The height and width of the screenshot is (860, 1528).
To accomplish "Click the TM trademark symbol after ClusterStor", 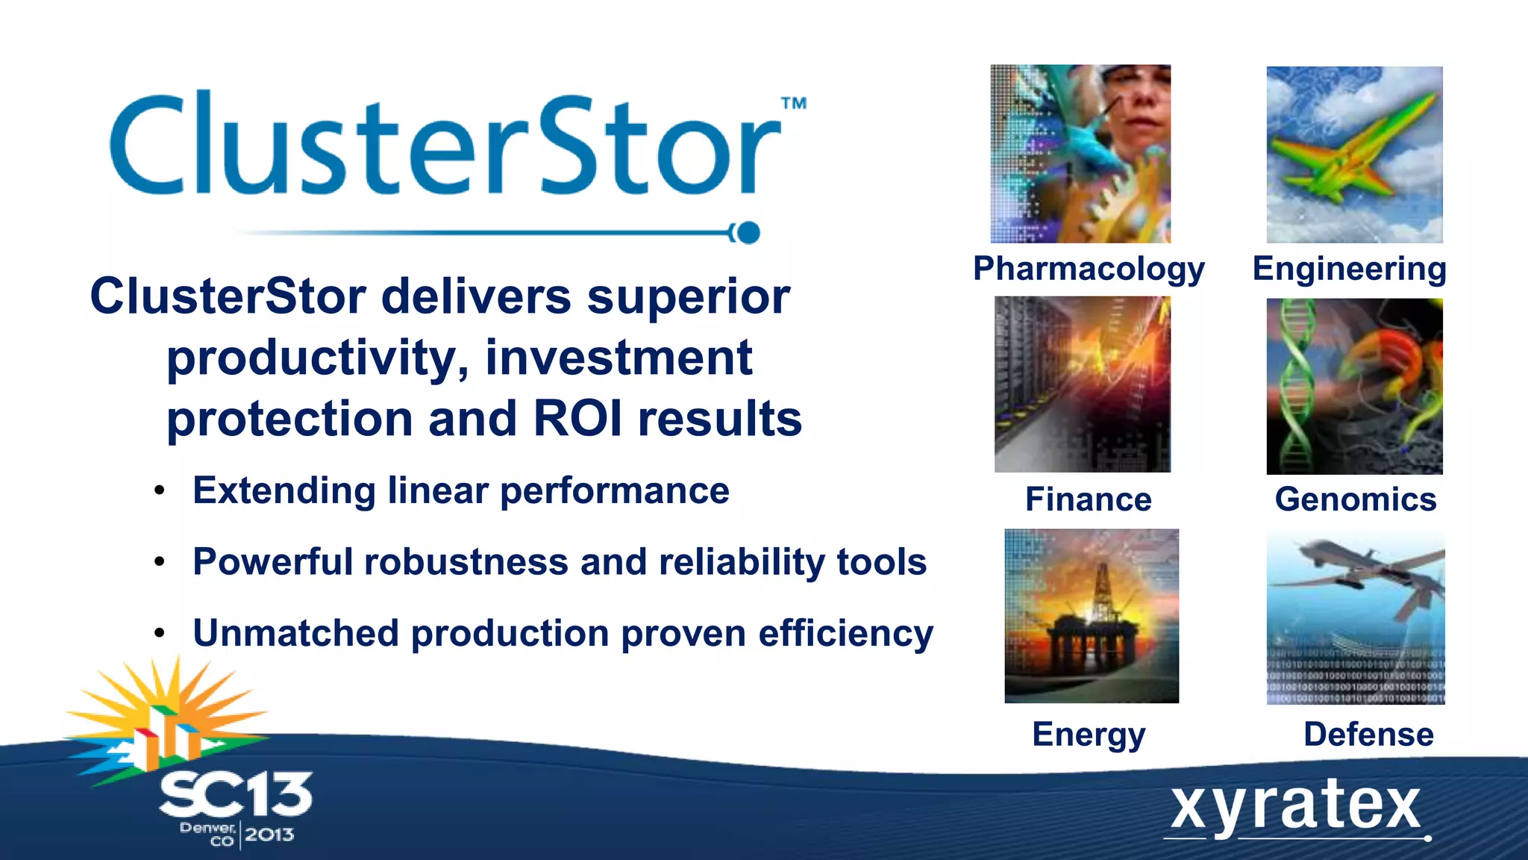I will click(793, 103).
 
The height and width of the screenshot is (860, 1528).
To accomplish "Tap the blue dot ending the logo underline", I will click(748, 233).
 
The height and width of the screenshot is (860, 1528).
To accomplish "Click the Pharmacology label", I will click(1089, 269).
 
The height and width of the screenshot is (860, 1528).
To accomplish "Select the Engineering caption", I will click(1349, 269).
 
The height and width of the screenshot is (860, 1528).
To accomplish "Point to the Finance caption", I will click(1088, 499).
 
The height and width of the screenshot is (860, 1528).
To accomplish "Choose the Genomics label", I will click(1355, 499).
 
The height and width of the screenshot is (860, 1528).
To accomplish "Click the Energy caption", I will click(1089, 735).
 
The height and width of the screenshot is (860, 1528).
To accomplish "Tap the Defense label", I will click(1368, 735).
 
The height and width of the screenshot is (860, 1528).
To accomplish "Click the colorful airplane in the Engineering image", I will click(1350, 149).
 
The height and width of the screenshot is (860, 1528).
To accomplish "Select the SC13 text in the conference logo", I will click(235, 795).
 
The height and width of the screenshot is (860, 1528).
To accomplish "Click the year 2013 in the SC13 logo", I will click(269, 835).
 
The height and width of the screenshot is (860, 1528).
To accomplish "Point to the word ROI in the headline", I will click(577, 419).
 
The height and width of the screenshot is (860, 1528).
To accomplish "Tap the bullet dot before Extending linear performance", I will click(159, 491).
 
